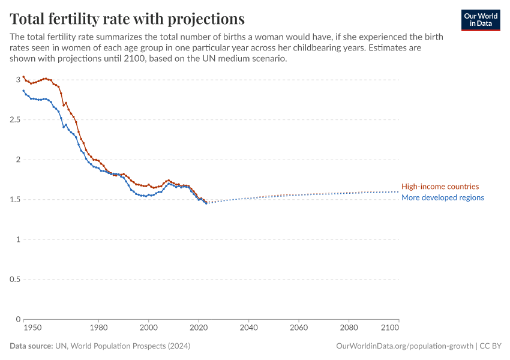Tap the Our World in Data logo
click(x=480, y=20)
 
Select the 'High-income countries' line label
click(x=440, y=187)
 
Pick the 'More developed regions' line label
click(x=442, y=197)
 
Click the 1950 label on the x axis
click(x=32, y=328)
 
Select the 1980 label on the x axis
click(x=98, y=328)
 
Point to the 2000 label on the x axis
click(x=148, y=328)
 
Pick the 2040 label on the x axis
click(x=248, y=328)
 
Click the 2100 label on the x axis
click(x=390, y=328)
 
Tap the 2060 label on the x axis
click(x=298, y=328)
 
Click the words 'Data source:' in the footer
click(x=30, y=346)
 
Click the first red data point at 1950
click(x=23, y=77)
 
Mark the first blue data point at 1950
click(x=23, y=91)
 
